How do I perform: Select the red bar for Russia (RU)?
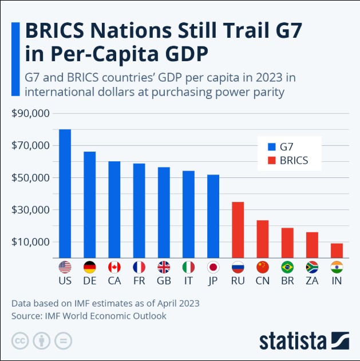(x=238, y=229)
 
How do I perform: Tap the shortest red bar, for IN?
(x=337, y=251)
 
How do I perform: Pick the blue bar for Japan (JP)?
(x=213, y=216)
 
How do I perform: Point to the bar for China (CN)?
(x=262, y=239)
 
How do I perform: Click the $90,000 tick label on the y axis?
(x=31, y=113)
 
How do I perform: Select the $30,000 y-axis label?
(x=31, y=209)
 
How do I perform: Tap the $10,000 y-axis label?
(x=31, y=241)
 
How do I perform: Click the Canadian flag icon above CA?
(x=114, y=267)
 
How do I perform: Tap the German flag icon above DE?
(x=89, y=267)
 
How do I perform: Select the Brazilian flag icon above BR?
(x=287, y=267)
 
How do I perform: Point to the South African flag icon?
(x=312, y=267)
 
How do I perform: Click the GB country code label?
(x=164, y=281)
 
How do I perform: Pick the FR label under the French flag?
(x=139, y=281)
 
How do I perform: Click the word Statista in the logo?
(x=292, y=341)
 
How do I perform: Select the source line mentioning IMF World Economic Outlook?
(x=89, y=315)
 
